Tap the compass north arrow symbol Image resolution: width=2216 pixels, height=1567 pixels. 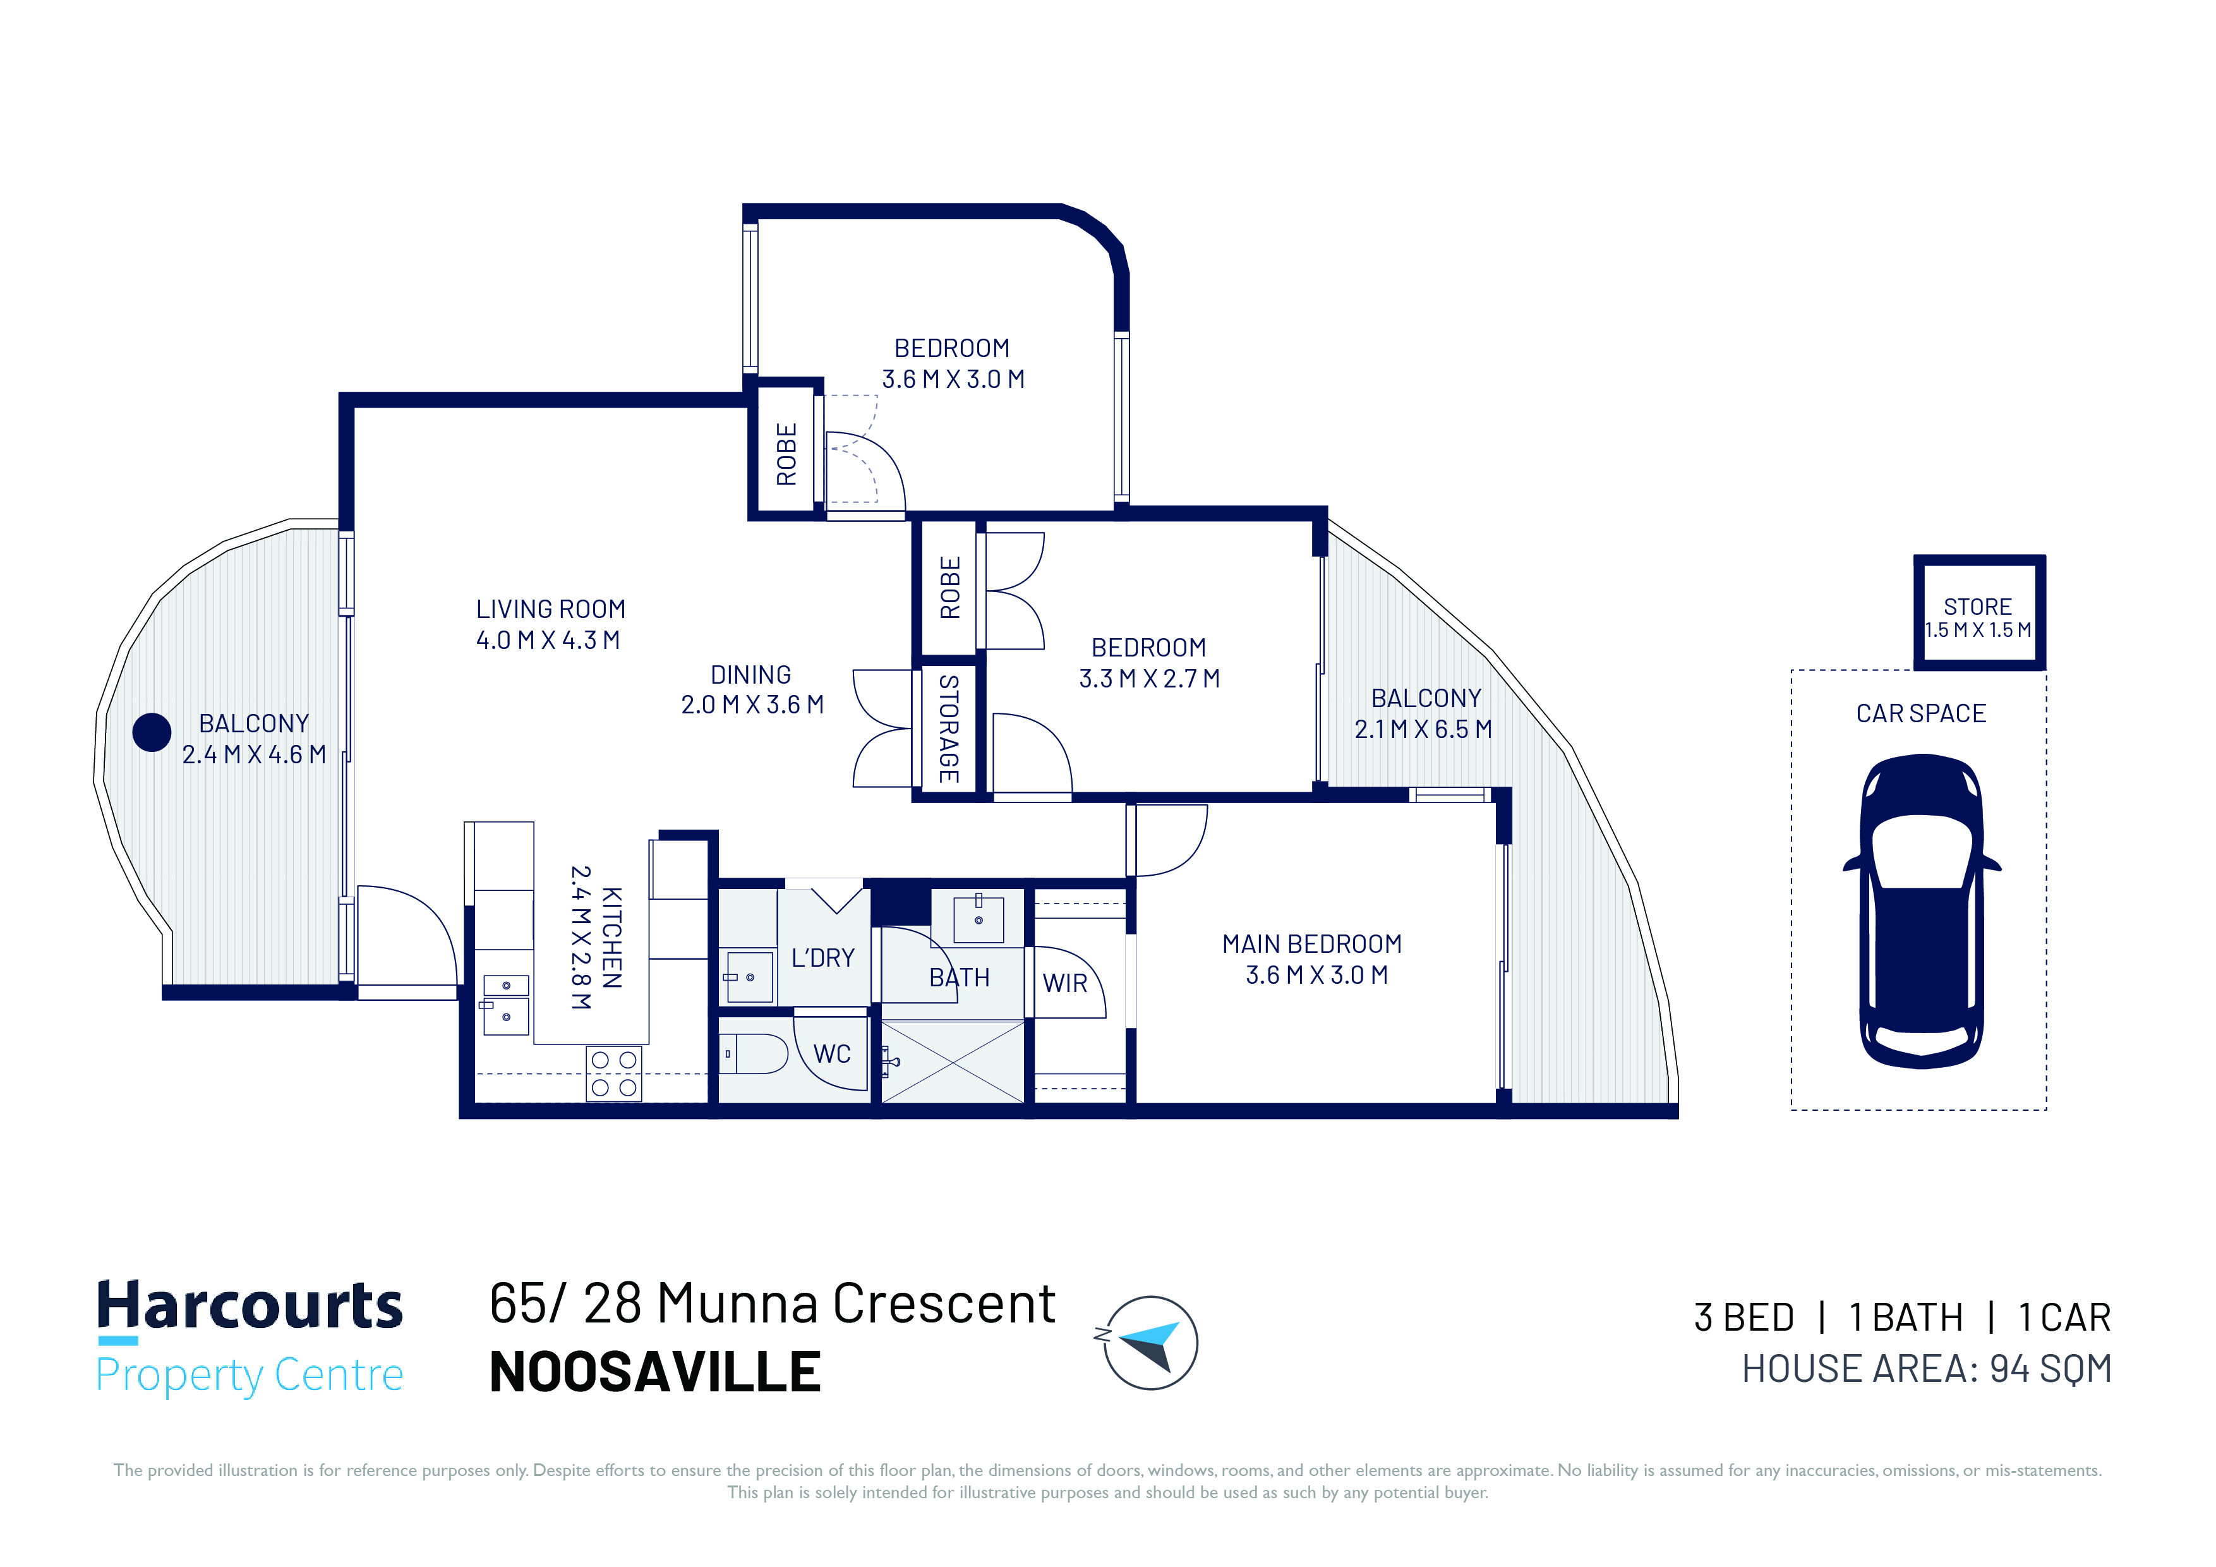tap(1150, 1342)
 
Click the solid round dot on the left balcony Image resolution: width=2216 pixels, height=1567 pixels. tap(152, 732)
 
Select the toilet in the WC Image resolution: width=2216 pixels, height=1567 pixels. tap(754, 1055)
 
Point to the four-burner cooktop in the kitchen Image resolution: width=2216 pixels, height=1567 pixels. tap(614, 1074)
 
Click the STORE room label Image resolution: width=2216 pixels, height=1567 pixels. tap(1978, 607)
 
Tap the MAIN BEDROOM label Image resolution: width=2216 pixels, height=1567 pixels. tap(1311, 943)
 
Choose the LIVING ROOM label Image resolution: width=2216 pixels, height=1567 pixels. tap(550, 609)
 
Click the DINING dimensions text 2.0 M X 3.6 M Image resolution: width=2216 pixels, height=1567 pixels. tap(752, 705)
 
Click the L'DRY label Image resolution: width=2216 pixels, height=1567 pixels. tap(822, 958)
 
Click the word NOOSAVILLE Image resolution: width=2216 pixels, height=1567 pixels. tap(655, 1372)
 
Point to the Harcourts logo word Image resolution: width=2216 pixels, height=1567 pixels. tap(249, 1305)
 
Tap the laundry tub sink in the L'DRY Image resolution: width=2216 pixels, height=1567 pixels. tap(749, 977)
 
